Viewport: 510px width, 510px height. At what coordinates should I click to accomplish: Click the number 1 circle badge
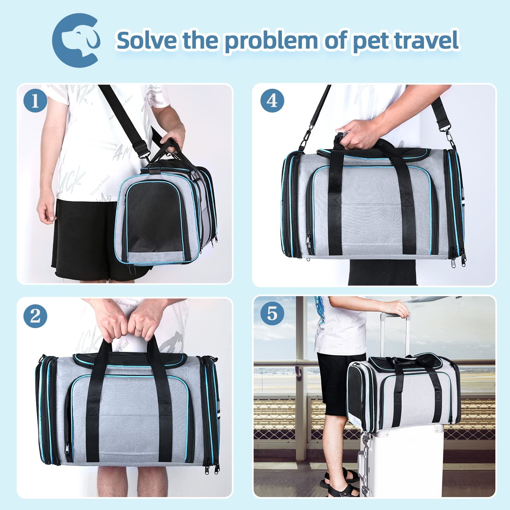click(35, 101)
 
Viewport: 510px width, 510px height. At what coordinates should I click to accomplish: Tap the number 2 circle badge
click(35, 317)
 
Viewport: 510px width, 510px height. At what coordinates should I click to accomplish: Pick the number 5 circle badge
click(272, 313)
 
